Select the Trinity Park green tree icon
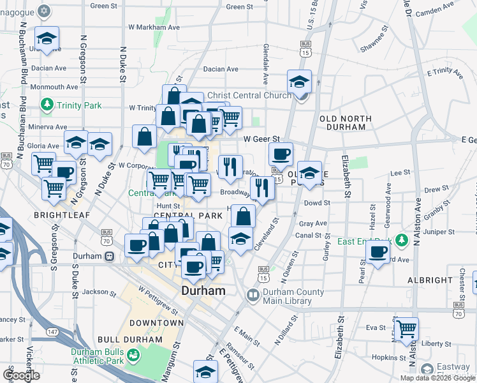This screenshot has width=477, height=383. (x=47, y=103)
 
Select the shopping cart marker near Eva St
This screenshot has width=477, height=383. (x=406, y=328)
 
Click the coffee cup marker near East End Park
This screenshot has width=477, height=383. (x=378, y=251)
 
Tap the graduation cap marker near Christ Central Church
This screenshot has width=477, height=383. (x=298, y=82)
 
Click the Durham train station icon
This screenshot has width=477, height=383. (x=109, y=256)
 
